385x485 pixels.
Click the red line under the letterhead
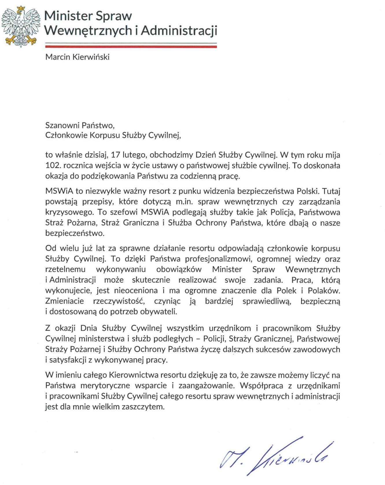pyautogui.click(x=131, y=46)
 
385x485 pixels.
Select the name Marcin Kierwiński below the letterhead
pyautogui.click(x=77, y=57)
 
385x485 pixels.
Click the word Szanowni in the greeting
pyautogui.click(x=62, y=125)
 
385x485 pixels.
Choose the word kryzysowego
pyautogui.click(x=69, y=212)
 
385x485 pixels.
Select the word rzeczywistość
pyautogui.click(x=119, y=301)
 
